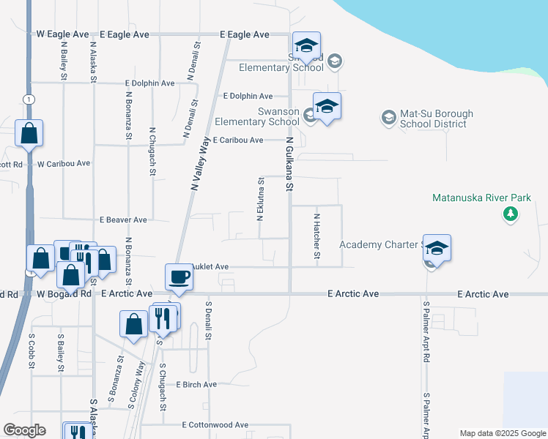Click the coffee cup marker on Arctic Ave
[179, 277]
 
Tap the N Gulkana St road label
[289, 165]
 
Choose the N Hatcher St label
[316, 236]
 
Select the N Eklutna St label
[259, 198]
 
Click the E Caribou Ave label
[236, 140]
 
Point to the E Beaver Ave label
[123, 219]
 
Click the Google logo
[24, 430]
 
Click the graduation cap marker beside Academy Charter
[437, 249]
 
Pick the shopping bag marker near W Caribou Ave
[29, 133]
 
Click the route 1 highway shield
[28, 99]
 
